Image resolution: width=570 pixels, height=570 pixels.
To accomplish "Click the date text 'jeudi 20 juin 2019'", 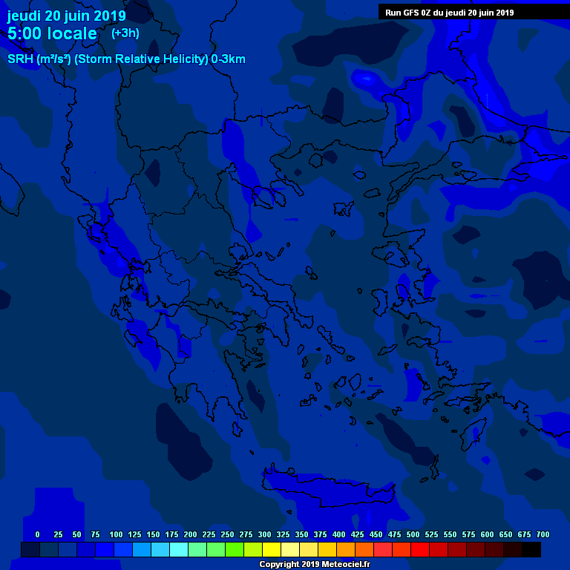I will (x=67, y=16).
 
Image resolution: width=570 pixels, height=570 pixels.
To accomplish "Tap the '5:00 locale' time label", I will (x=52, y=34).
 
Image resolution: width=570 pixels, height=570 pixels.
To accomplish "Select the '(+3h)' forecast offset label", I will (x=125, y=33).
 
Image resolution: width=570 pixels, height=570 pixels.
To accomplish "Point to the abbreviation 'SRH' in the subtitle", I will (x=20, y=59).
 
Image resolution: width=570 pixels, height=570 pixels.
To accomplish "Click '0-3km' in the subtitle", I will (x=228, y=59).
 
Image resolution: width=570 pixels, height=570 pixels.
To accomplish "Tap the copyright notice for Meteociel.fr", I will (x=314, y=564).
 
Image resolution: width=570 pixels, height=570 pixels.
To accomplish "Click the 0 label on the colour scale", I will (x=37, y=534).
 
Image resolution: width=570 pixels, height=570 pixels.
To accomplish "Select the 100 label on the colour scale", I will (x=116, y=534).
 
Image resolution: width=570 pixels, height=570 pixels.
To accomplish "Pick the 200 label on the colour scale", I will (x=190, y=534).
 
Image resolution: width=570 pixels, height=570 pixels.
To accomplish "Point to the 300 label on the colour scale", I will (x=264, y=534).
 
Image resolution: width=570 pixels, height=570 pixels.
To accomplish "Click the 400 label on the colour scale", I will (x=338, y=534).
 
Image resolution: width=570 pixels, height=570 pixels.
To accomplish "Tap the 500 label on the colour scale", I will (x=413, y=534).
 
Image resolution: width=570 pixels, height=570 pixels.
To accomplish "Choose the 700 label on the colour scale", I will (x=543, y=534).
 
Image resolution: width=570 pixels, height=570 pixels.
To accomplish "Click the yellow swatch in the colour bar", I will (x=272, y=550).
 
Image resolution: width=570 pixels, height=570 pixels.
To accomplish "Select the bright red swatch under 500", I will (x=420, y=550).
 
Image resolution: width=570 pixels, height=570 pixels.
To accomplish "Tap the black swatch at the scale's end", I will (x=531, y=550).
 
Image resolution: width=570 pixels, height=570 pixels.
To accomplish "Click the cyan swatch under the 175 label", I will (x=179, y=550).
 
